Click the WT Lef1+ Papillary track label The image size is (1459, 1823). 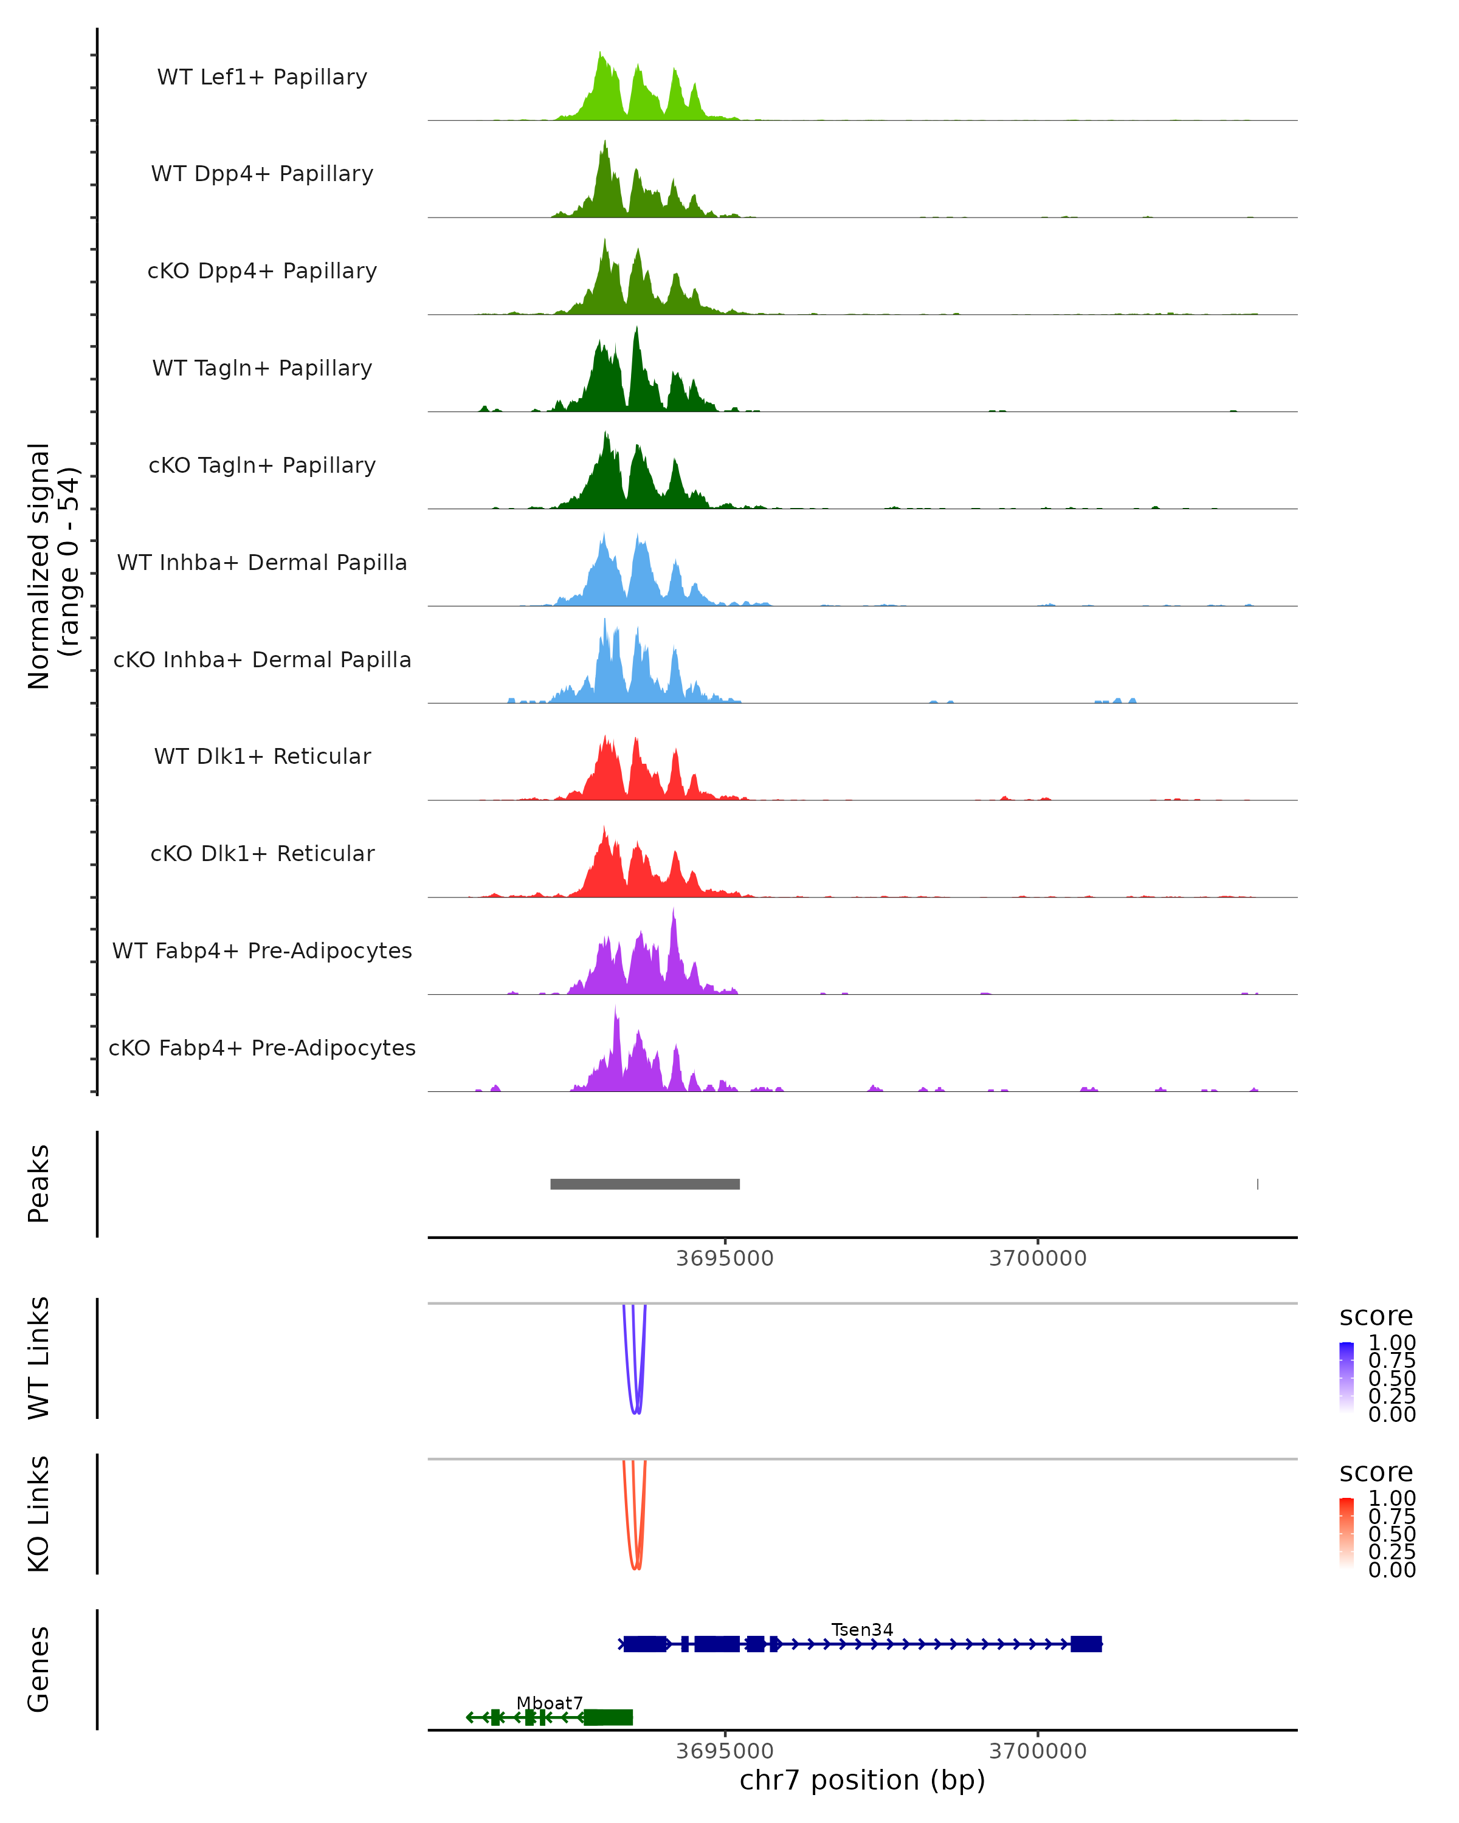(262, 77)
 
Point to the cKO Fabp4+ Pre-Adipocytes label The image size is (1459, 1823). (262, 1048)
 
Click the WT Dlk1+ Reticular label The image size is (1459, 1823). (262, 756)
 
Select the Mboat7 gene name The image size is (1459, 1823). (550, 1703)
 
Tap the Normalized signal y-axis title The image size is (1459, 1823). (52, 566)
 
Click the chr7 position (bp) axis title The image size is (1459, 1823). (862, 1780)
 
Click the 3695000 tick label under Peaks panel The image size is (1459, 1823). (724, 1258)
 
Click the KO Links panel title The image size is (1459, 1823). (39, 1514)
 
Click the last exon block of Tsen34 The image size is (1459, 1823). (1086, 1644)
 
